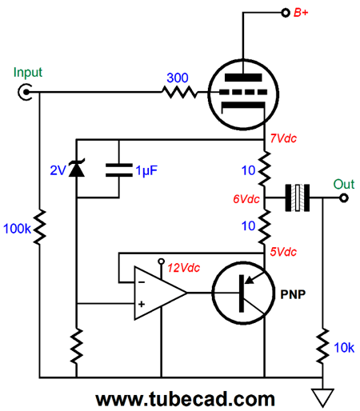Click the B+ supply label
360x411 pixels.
pyautogui.click(x=301, y=13)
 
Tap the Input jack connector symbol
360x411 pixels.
pyautogui.click(x=26, y=92)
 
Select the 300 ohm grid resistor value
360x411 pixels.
pyautogui.click(x=178, y=78)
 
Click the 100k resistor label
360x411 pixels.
pyautogui.click(x=17, y=229)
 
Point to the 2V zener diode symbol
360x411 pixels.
pyautogui.click(x=77, y=168)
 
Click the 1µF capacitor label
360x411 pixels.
pyautogui.click(x=146, y=170)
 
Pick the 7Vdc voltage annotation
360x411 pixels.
pyautogui.click(x=283, y=138)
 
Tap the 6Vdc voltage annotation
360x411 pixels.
pyautogui.click(x=246, y=199)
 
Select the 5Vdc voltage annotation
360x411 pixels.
pyautogui.click(x=283, y=252)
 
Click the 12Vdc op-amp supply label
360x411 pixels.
pyautogui.click(x=184, y=268)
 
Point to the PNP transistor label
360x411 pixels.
pyautogui.click(x=293, y=294)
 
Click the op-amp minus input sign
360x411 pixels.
pyautogui.click(x=142, y=282)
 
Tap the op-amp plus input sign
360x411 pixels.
pyautogui.click(x=142, y=304)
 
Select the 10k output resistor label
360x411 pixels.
pyautogui.click(x=344, y=348)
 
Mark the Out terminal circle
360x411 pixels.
pyautogui.click(x=344, y=198)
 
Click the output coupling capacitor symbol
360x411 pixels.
pyautogui.click(x=298, y=198)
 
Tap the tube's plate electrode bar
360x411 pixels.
pyautogui.click(x=243, y=78)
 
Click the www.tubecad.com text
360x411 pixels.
pyautogui.click(x=186, y=399)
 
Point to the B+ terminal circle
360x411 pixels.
pyautogui.click(x=286, y=13)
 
